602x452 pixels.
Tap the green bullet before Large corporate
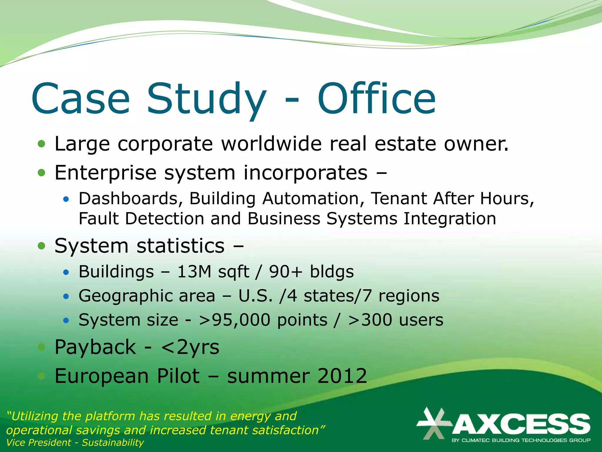tap(42, 144)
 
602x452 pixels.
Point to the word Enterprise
tap(106, 173)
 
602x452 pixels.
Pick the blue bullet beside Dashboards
tap(66, 200)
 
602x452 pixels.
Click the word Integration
tap(450, 219)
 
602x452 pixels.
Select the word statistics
tap(181, 246)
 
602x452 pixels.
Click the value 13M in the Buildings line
tap(194, 271)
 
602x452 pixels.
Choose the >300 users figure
tap(396, 320)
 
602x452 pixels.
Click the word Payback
tap(96, 347)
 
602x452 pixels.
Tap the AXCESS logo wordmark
tap(521, 424)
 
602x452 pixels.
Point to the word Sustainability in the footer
tap(113, 442)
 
